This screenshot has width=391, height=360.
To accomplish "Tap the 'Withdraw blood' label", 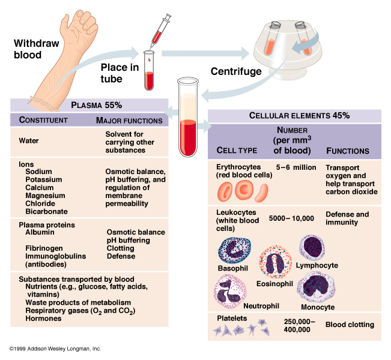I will click(28, 49).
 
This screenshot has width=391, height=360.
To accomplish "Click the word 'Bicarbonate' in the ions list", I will click(46, 211).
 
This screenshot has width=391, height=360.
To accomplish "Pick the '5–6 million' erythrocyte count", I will click(296, 167).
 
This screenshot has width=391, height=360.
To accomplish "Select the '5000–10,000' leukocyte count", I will click(292, 217).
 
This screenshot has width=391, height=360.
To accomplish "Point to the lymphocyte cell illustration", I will click(314, 247).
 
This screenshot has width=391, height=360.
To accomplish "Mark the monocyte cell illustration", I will click(315, 286).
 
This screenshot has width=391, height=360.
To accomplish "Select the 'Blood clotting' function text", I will click(350, 325).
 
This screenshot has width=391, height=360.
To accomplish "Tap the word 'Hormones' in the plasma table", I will click(43, 319).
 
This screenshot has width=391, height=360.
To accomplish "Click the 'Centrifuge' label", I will click(236, 72).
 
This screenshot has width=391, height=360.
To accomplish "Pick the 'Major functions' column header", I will click(129, 121).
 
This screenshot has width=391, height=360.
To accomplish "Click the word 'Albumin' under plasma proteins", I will click(41, 232).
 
